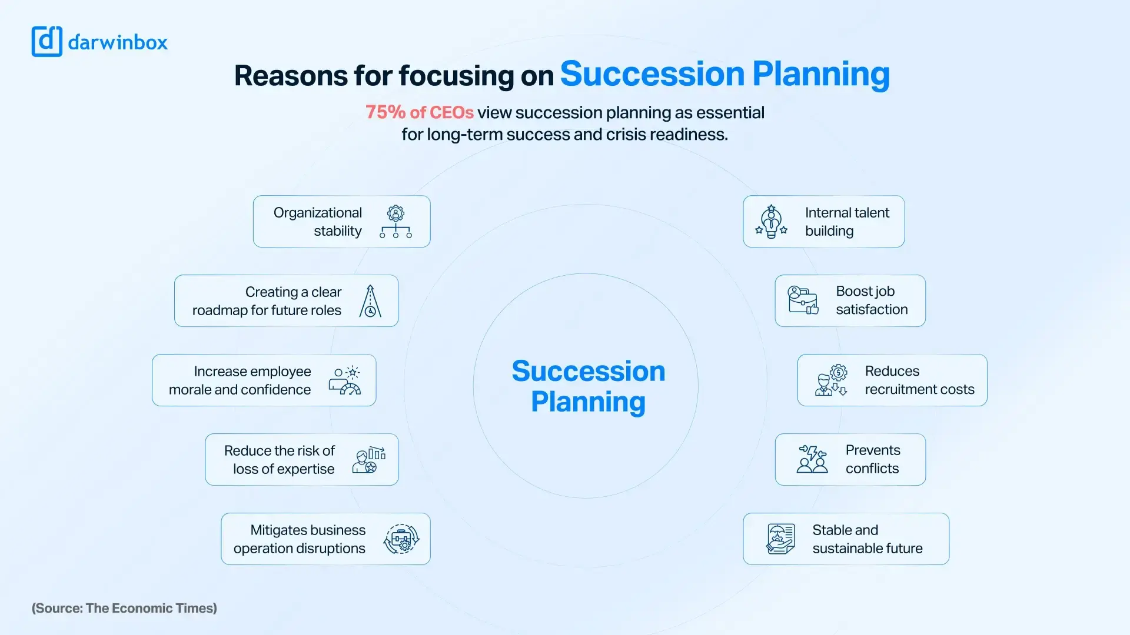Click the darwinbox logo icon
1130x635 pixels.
click(46, 42)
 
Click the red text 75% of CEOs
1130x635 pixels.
click(419, 112)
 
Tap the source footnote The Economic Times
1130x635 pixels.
click(124, 608)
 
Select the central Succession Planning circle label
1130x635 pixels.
click(588, 386)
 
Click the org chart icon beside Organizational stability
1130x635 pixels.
click(395, 222)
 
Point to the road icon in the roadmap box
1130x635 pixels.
click(370, 301)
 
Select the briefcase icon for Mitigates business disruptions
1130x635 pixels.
click(401, 539)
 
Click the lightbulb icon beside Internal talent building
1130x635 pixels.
click(771, 222)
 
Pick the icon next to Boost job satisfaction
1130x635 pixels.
click(803, 300)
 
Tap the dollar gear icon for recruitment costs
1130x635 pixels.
click(832, 380)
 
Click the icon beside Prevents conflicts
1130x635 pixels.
click(812, 459)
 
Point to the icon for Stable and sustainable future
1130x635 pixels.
click(780, 539)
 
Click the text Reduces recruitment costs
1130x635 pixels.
click(919, 380)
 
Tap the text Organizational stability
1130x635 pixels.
click(318, 222)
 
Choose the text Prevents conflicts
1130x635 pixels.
click(872, 459)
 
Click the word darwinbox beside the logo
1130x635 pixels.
click(118, 42)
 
